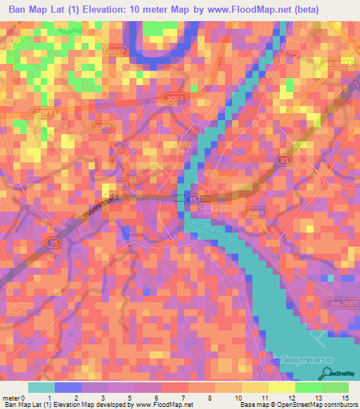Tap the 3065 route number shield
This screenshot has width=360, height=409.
[x=103, y=126]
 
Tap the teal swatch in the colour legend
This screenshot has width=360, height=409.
[x=41, y=387]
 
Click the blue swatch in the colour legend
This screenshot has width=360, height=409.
[x=68, y=387]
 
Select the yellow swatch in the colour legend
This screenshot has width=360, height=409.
[x=281, y=387]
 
